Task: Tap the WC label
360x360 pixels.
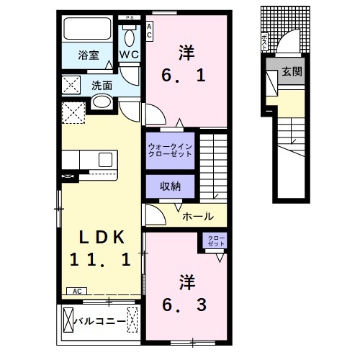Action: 130,54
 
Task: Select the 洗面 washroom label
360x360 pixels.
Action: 102,85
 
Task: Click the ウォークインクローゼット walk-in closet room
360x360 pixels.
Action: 171,150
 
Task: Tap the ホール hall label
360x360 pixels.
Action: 197,215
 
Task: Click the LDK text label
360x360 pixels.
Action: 102,238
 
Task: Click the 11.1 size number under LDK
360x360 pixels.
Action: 102,261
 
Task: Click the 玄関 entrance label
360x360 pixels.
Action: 292,72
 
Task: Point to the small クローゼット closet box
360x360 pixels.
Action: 216,241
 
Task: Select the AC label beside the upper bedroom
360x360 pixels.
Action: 150,30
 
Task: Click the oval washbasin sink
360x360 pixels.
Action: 101,102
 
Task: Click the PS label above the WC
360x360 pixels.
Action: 130,17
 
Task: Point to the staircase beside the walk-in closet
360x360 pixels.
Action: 213,162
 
